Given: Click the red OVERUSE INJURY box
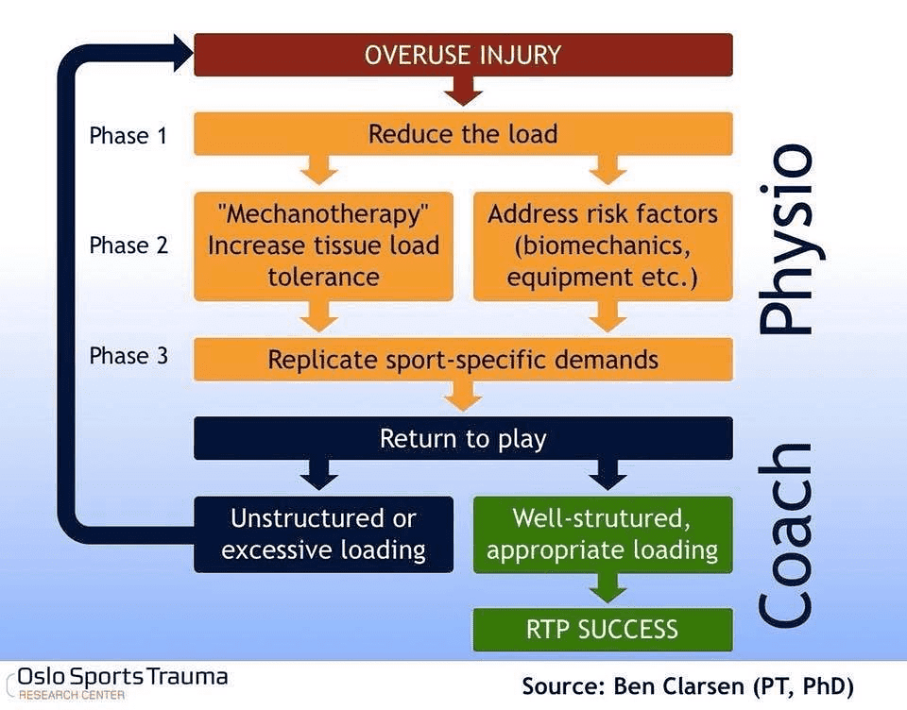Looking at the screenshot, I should tap(463, 55).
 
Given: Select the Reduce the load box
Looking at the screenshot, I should tap(463, 133).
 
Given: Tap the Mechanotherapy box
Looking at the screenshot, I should tap(323, 246).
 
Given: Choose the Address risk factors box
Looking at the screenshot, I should tap(603, 246).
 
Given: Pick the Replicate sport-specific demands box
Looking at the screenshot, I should tap(463, 360).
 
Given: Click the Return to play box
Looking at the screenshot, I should tap(463, 438).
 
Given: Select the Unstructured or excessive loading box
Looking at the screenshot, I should tap(323, 534).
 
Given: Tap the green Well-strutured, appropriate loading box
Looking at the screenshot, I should tap(603, 534).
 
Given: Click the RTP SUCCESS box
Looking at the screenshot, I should tap(603, 628).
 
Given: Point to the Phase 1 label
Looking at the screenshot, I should tap(128, 136).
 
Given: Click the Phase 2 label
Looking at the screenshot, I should tap(128, 245).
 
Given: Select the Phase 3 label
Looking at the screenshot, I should tap(128, 356).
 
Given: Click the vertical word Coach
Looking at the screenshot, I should tap(786, 534).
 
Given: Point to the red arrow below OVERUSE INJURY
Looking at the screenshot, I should tap(463, 91).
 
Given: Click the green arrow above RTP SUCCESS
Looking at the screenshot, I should tap(603, 590).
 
